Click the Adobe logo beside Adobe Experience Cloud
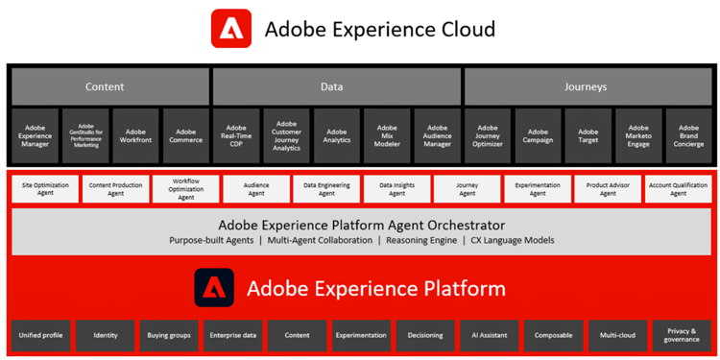point(231,29)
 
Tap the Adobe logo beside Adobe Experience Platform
point(214,288)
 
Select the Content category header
point(109,86)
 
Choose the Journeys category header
point(588,86)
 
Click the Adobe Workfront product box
point(135,135)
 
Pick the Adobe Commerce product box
point(185,135)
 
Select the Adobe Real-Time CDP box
point(236,135)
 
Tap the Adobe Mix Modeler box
point(387,135)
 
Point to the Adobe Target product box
point(588,135)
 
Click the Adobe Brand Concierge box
point(688,135)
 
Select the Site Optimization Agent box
point(44,188)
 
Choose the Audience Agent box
point(255,188)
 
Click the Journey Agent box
point(467,188)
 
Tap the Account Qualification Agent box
point(678,188)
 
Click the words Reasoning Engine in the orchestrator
point(422,240)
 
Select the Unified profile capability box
point(39,335)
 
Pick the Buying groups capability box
point(169,335)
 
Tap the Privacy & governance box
point(681,335)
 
